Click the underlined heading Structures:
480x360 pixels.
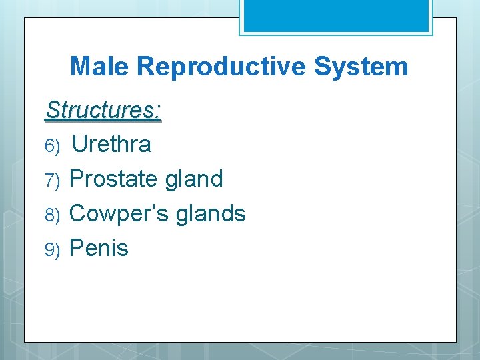(103, 110)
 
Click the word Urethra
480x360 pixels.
(111, 144)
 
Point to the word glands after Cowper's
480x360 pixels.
(214, 213)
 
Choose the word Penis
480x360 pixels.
(99, 248)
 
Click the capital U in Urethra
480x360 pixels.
(79, 144)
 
